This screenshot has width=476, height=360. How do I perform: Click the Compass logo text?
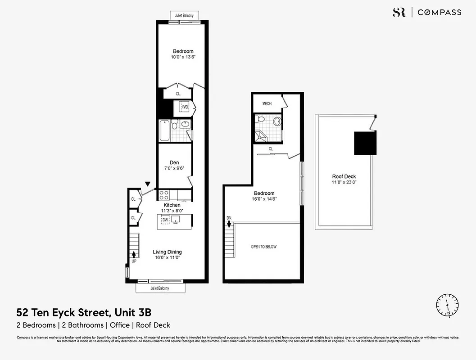439,13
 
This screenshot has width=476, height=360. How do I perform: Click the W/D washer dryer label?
185,107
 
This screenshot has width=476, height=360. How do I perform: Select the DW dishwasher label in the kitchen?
165,220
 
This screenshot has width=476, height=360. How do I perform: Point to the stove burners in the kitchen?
164,195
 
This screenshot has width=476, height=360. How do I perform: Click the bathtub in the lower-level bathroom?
164,130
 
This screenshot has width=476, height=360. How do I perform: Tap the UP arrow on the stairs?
134,255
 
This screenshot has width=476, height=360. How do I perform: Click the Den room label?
174,162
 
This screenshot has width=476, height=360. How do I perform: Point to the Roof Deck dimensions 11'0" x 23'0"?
344,183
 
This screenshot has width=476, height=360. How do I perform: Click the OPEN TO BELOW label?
263,247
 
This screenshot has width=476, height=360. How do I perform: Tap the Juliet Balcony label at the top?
185,16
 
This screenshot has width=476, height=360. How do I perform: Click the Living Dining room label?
167,252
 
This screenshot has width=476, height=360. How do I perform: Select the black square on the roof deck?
365,143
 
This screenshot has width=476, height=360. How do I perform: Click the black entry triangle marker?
148,184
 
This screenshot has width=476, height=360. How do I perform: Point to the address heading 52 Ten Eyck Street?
87,312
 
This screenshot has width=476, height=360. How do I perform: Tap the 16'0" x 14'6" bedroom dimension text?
264,199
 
